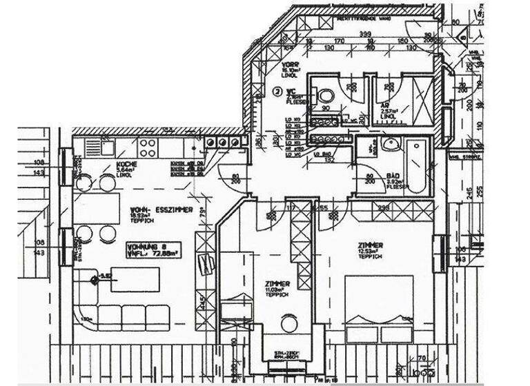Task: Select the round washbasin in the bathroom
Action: coord(391,144)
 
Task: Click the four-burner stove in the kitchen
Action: coord(148,146)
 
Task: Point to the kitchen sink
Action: coord(108,146)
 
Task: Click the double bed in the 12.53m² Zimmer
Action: coord(378,310)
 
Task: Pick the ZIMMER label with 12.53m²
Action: coord(371,245)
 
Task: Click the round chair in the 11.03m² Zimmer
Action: coord(287,322)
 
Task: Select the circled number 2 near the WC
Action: coord(278,90)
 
